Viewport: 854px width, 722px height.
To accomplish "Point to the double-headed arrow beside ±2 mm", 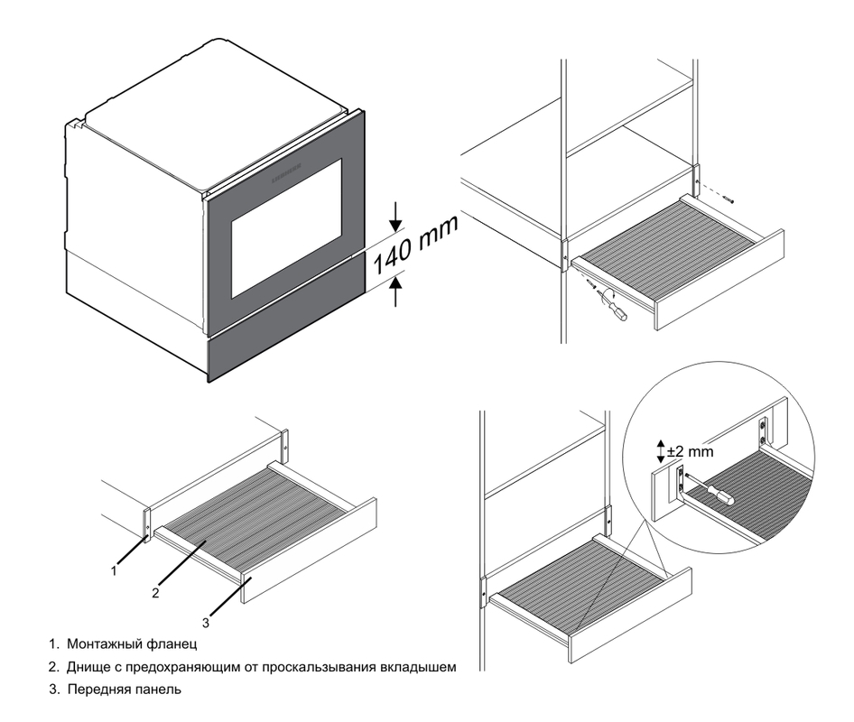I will [661, 450].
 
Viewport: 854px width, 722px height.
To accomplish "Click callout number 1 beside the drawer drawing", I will [113, 570].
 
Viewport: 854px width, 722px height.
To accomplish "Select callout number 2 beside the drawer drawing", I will [156, 593].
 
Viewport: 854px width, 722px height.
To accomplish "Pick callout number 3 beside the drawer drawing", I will [206, 622].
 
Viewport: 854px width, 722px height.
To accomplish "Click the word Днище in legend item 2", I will [87, 668].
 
